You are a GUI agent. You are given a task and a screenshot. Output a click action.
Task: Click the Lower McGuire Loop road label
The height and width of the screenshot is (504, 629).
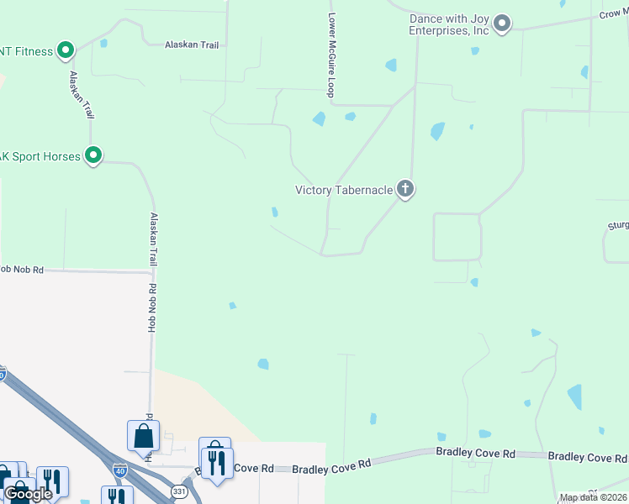point(331,55)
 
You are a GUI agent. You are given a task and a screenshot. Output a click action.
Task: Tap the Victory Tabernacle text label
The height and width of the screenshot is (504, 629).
point(344,190)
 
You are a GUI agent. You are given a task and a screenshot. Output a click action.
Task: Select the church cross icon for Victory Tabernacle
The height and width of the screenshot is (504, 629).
point(405,189)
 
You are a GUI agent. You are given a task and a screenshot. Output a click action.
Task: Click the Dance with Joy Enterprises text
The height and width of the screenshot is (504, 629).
point(449,24)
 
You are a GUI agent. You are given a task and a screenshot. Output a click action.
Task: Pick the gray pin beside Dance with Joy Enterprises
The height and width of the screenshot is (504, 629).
point(502,24)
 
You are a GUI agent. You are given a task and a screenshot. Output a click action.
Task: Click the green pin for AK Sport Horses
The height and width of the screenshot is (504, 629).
point(93,155)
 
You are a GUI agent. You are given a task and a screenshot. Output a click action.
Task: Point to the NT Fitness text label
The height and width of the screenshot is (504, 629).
point(26,51)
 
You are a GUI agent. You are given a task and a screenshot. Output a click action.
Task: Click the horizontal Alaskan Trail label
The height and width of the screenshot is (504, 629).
point(191,45)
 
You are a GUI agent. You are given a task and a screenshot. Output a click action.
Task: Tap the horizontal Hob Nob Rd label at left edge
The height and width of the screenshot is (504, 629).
point(21,270)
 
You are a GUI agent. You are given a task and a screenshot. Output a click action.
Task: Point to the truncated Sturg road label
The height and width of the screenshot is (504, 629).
point(618,226)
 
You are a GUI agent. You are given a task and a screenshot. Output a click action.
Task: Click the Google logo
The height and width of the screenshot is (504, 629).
point(29,494)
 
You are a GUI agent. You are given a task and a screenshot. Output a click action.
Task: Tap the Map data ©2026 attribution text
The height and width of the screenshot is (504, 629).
point(594,497)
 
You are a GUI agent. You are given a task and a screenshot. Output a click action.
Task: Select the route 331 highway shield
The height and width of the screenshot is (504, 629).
point(179,490)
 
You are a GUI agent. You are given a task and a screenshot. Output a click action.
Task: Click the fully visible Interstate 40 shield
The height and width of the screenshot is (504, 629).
point(120,470)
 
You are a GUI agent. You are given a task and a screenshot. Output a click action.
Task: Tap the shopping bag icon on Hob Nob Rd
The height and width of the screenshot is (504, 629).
point(143,436)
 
